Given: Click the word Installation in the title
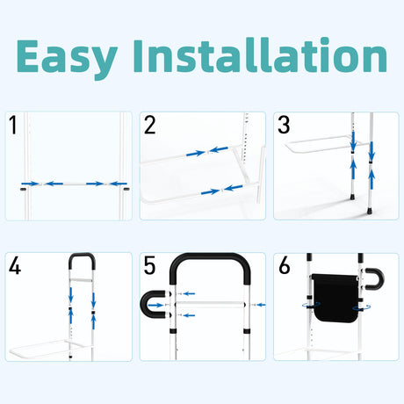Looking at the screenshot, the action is (x=262, y=55).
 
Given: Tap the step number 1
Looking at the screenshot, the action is (x=12, y=125).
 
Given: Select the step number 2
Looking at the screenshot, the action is (x=150, y=125).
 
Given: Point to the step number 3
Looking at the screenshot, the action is (x=284, y=125).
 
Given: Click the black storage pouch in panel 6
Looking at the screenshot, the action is (x=335, y=297).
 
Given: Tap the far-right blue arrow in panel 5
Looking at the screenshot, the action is (x=261, y=305).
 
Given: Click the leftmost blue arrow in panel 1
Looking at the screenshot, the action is (x=31, y=184).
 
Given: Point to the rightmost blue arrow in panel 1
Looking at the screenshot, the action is (x=119, y=184).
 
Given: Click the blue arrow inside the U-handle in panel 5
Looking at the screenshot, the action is (x=155, y=306).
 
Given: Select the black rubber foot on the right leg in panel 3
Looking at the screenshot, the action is (x=369, y=210).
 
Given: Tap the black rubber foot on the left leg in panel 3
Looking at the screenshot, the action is (x=351, y=197).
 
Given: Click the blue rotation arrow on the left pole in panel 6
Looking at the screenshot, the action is (x=311, y=305).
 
